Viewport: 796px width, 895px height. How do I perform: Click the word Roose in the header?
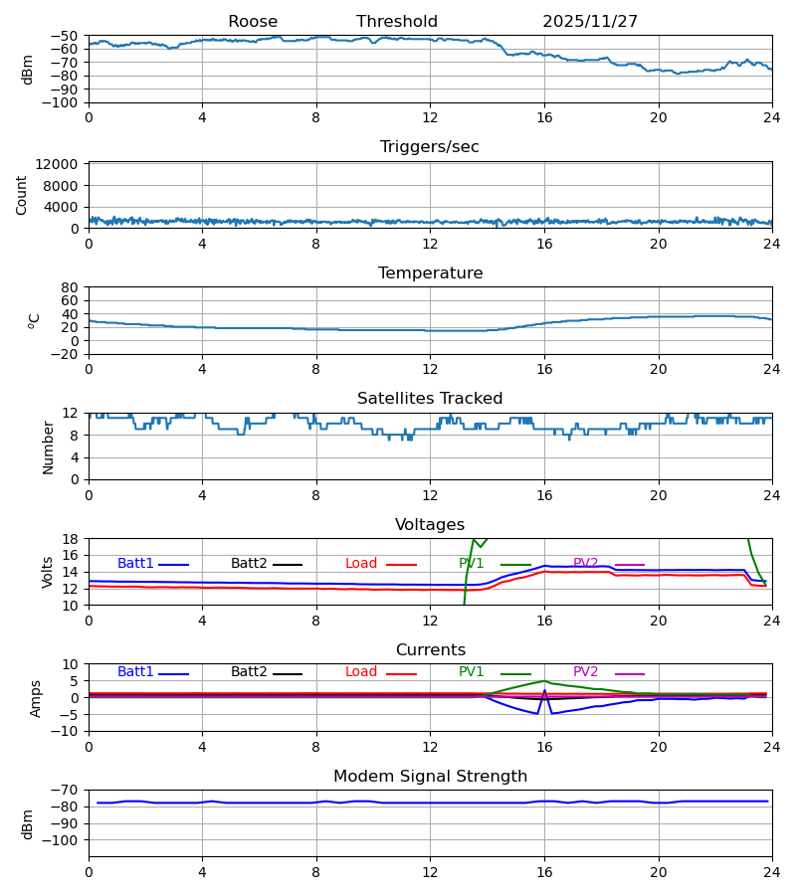point(253,22)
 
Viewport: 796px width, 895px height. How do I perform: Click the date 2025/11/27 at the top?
point(590,22)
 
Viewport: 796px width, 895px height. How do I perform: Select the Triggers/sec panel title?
point(430,147)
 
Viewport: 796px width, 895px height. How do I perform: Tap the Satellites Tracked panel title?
point(430,399)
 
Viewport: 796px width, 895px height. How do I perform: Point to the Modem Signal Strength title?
point(430,777)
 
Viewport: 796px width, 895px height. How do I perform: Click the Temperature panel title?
point(430,273)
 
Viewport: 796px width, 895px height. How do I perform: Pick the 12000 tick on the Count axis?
point(64,164)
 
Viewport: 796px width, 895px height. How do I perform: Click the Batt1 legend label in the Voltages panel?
point(135,564)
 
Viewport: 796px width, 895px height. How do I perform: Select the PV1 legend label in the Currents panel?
point(472,672)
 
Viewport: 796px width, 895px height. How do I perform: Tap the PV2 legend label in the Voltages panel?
point(586,564)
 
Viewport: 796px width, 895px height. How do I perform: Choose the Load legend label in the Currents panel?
point(361,672)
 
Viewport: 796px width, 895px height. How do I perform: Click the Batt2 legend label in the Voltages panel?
point(250,564)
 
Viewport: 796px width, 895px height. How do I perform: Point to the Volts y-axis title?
point(48,572)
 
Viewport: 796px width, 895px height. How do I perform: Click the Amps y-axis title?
point(37,698)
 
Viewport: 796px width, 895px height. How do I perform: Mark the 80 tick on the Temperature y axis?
point(70,287)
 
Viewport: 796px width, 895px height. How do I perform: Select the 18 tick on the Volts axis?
point(70,539)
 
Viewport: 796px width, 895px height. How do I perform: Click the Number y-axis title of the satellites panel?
point(48,447)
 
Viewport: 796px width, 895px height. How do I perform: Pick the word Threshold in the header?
point(397,22)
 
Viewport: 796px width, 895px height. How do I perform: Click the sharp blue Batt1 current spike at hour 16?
point(544,690)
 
